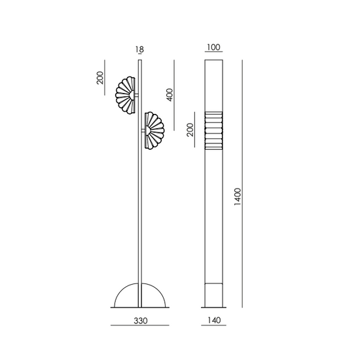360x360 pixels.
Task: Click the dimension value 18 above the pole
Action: pyautogui.click(x=139, y=49)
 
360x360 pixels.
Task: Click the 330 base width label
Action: pyautogui.click(x=139, y=321)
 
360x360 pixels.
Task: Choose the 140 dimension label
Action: pyautogui.click(x=213, y=321)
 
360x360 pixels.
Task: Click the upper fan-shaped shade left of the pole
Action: pyautogui.click(x=126, y=96)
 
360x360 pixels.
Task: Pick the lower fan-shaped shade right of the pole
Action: pyautogui.click(x=153, y=131)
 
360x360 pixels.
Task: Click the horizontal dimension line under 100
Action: pyautogui.click(x=213, y=57)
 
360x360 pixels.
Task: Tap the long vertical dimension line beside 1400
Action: pyautogui.click(x=243, y=183)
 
